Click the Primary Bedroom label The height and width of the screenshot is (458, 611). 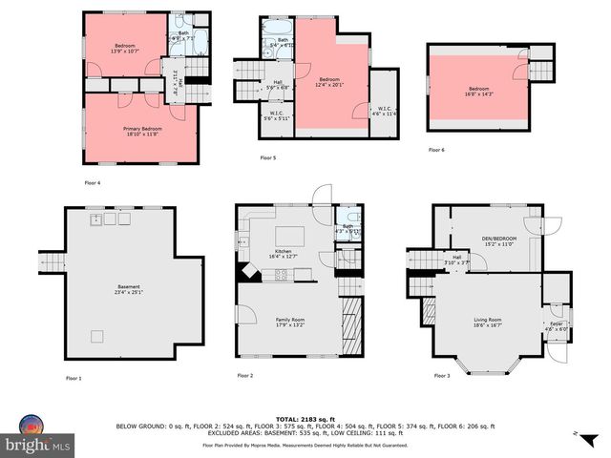click(x=141, y=131)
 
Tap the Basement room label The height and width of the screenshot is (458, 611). click(x=129, y=290)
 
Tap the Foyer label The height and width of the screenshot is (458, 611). click(x=555, y=326)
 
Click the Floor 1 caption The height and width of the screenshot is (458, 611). click(x=74, y=379)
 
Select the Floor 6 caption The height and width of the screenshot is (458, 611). click(x=436, y=150)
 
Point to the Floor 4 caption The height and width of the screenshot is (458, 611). click(x=93, y=181)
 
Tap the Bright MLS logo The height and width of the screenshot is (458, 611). click(x=38, y=437)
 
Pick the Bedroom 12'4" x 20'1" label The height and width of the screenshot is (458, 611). click(x=329, y=82)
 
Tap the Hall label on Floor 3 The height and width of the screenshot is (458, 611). click(x=457, y=260)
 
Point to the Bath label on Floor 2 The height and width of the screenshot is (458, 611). click(x=348, y=229)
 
